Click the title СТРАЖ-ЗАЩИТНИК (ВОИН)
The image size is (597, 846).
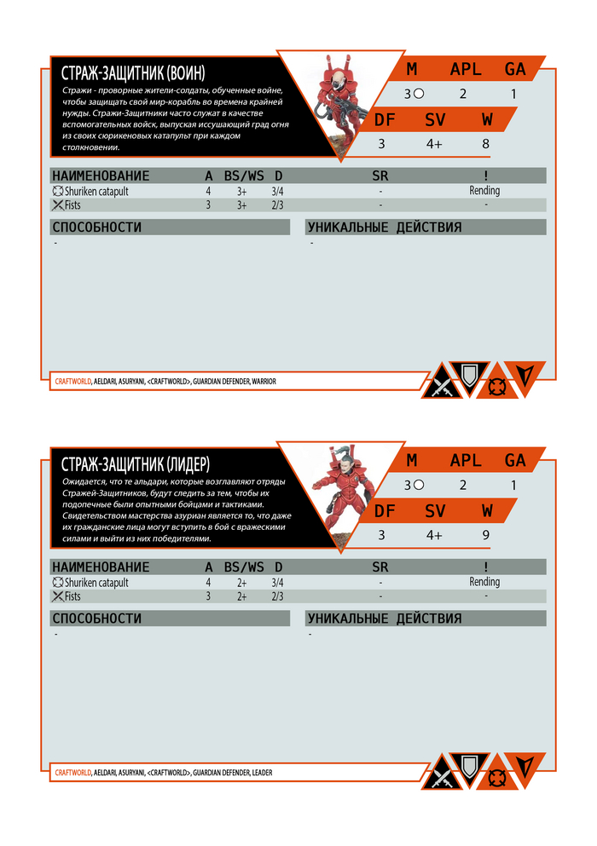pyautogui.click(x=134, y=72)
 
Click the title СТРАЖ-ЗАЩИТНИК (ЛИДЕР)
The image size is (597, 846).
pyautogui.click(x=136, y=463)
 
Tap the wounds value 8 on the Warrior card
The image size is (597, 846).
pyautogui.click(x=486, y=143)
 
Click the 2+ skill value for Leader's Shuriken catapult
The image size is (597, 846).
pyautogui.click(x=242, y=583)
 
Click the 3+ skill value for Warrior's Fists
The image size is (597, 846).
pyautogui.click(x=242, y=205)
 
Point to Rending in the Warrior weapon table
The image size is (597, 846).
pyautogui.click(x=484, y=191)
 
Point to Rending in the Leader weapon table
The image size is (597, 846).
pyautogui.click(x=484, y=583)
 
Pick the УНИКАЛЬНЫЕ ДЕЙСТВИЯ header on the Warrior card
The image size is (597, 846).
pyautogui.click(x=384, y=227)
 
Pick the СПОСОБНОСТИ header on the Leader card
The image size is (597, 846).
pyautogui.click(x=96, y=619)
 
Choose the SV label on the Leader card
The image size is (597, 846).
pyautogui.click(x=435, y=511)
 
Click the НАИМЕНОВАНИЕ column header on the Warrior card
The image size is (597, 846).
pyautogui.click(x=100, y=176)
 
